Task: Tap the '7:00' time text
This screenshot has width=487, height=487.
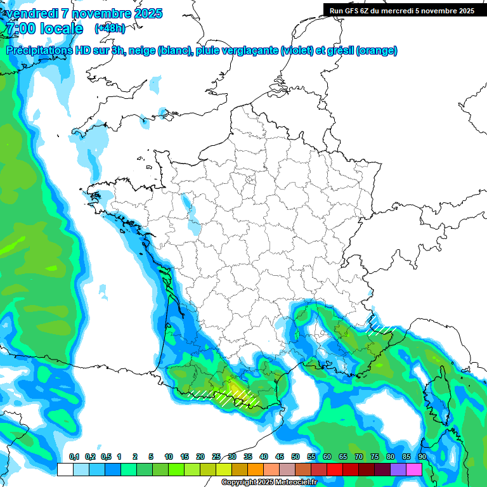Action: [21, 29]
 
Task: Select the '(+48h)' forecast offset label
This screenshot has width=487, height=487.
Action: [110, 29]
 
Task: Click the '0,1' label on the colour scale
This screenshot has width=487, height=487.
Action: [74, 457]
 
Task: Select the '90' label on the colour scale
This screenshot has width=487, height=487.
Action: [422, 457]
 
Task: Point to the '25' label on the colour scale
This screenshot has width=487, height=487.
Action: [216, 457]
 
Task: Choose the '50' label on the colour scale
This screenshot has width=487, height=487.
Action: [295, 457]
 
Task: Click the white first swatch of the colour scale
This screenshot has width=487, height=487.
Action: [65, 469]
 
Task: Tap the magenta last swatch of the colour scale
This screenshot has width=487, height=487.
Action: [414, 469]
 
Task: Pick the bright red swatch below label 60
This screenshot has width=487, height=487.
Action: [335, 469]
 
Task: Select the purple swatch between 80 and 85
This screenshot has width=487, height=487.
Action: [398, 469]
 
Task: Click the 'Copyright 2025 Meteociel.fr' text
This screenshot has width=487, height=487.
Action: [268, 483]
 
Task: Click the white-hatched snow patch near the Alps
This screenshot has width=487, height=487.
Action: [380, 325]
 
